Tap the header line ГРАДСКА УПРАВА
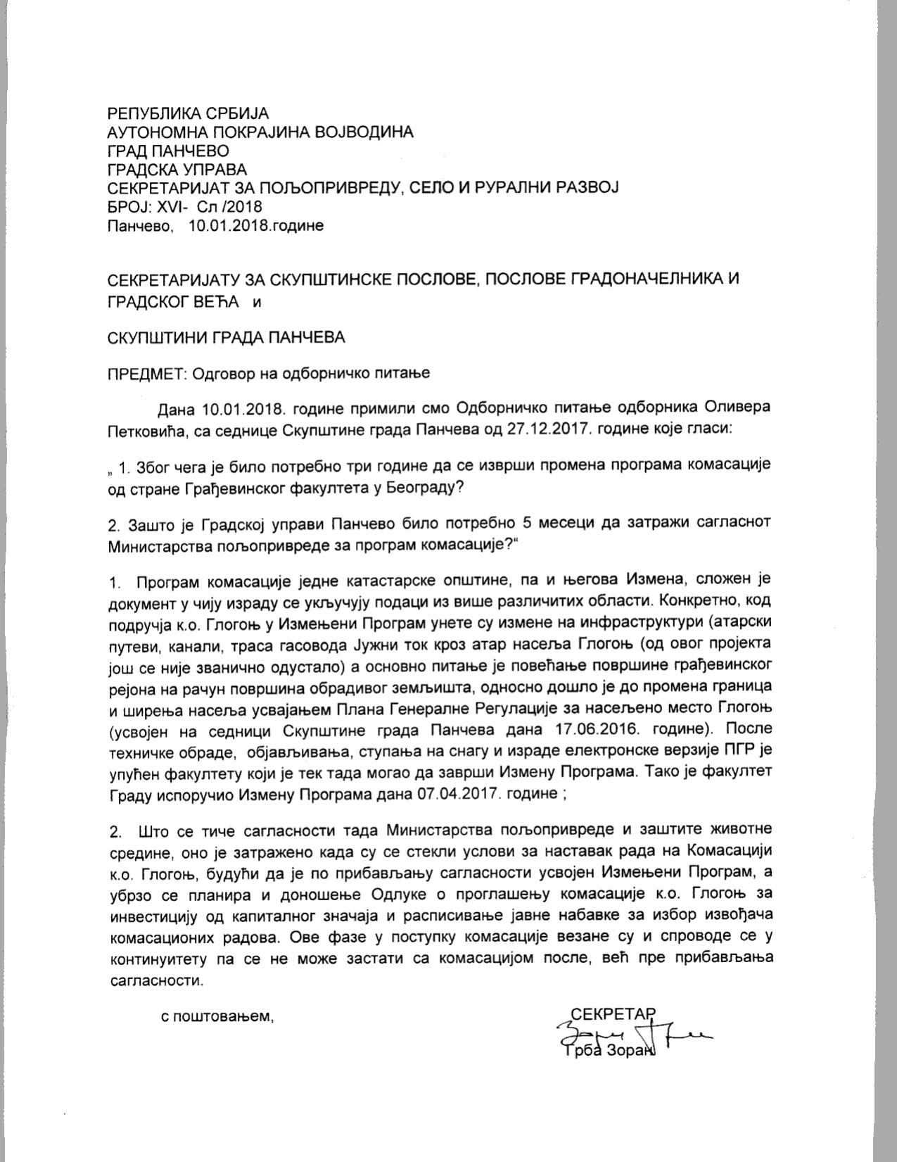[x=177, y=169]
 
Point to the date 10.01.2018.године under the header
[x=256, y=226]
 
